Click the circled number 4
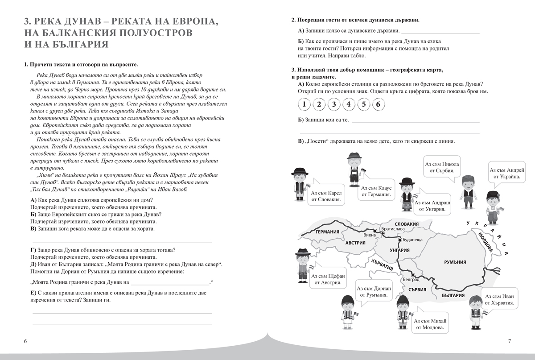coord(348,104)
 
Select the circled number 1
coord(304,104)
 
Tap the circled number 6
coord(378,104)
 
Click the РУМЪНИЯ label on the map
coord(455,262)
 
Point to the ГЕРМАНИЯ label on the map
coord(328,232)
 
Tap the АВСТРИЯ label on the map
coord(355,243)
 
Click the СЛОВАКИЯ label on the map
coord(407,224)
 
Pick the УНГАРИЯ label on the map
coord(399,250)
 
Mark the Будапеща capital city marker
coord(399,240)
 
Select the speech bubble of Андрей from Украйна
coord(507,174)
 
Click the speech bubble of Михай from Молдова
coord(430,324)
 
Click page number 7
coord(509,341)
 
